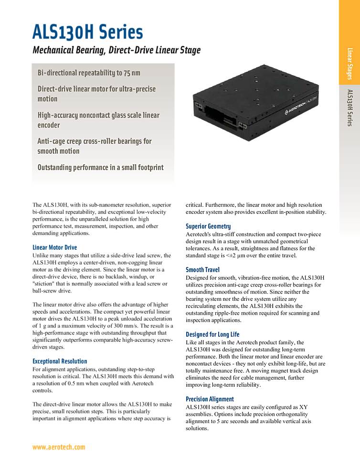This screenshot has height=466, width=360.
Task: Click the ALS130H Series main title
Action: (87, 32)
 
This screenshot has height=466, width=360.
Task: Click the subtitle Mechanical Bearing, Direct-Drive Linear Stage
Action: (116, 50)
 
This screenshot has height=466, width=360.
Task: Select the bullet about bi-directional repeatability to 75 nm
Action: (89, 73)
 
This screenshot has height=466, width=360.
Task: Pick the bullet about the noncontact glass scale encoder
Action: (98, 120)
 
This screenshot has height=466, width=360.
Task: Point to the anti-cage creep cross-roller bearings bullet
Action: (95, 146)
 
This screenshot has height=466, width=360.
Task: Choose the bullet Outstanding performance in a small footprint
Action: (100, 167)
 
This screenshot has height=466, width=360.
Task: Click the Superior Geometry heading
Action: (208, 226)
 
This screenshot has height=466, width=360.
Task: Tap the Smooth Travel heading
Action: (202, 270)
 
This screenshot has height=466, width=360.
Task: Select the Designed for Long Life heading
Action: (212, 334)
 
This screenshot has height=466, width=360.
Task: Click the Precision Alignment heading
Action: (210, 399)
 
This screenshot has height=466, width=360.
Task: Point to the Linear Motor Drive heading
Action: (54, 248)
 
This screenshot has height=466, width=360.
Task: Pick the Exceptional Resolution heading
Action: (60, 361)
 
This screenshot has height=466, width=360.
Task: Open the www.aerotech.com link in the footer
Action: (58, 447)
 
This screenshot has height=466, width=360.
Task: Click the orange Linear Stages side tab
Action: (349, 64)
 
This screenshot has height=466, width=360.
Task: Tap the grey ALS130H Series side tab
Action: (349, 107)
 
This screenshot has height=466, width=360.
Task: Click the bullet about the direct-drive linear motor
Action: (96, 94)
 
